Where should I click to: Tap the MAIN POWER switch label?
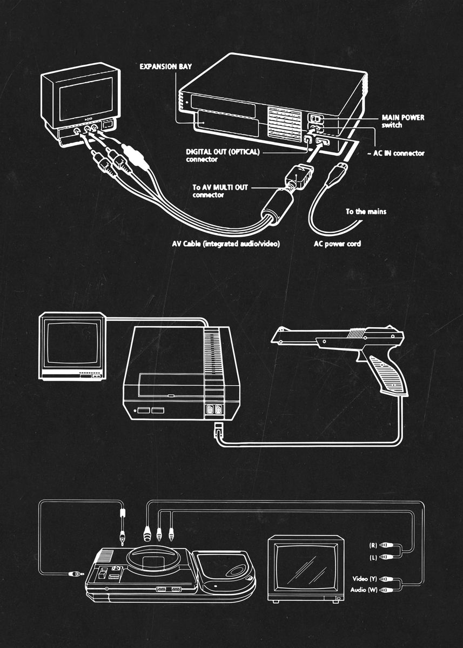click(402, 121)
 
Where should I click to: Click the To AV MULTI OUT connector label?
click(221, 191)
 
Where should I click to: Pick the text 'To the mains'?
click(366, 212)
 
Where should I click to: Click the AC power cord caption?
click(337, 244)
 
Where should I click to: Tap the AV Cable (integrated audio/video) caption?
click(225, 244)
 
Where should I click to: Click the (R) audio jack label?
click(372, 545)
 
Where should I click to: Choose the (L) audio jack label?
click(372, 556)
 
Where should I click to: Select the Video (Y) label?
click(365, 579)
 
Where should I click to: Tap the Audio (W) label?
click(364, 590)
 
